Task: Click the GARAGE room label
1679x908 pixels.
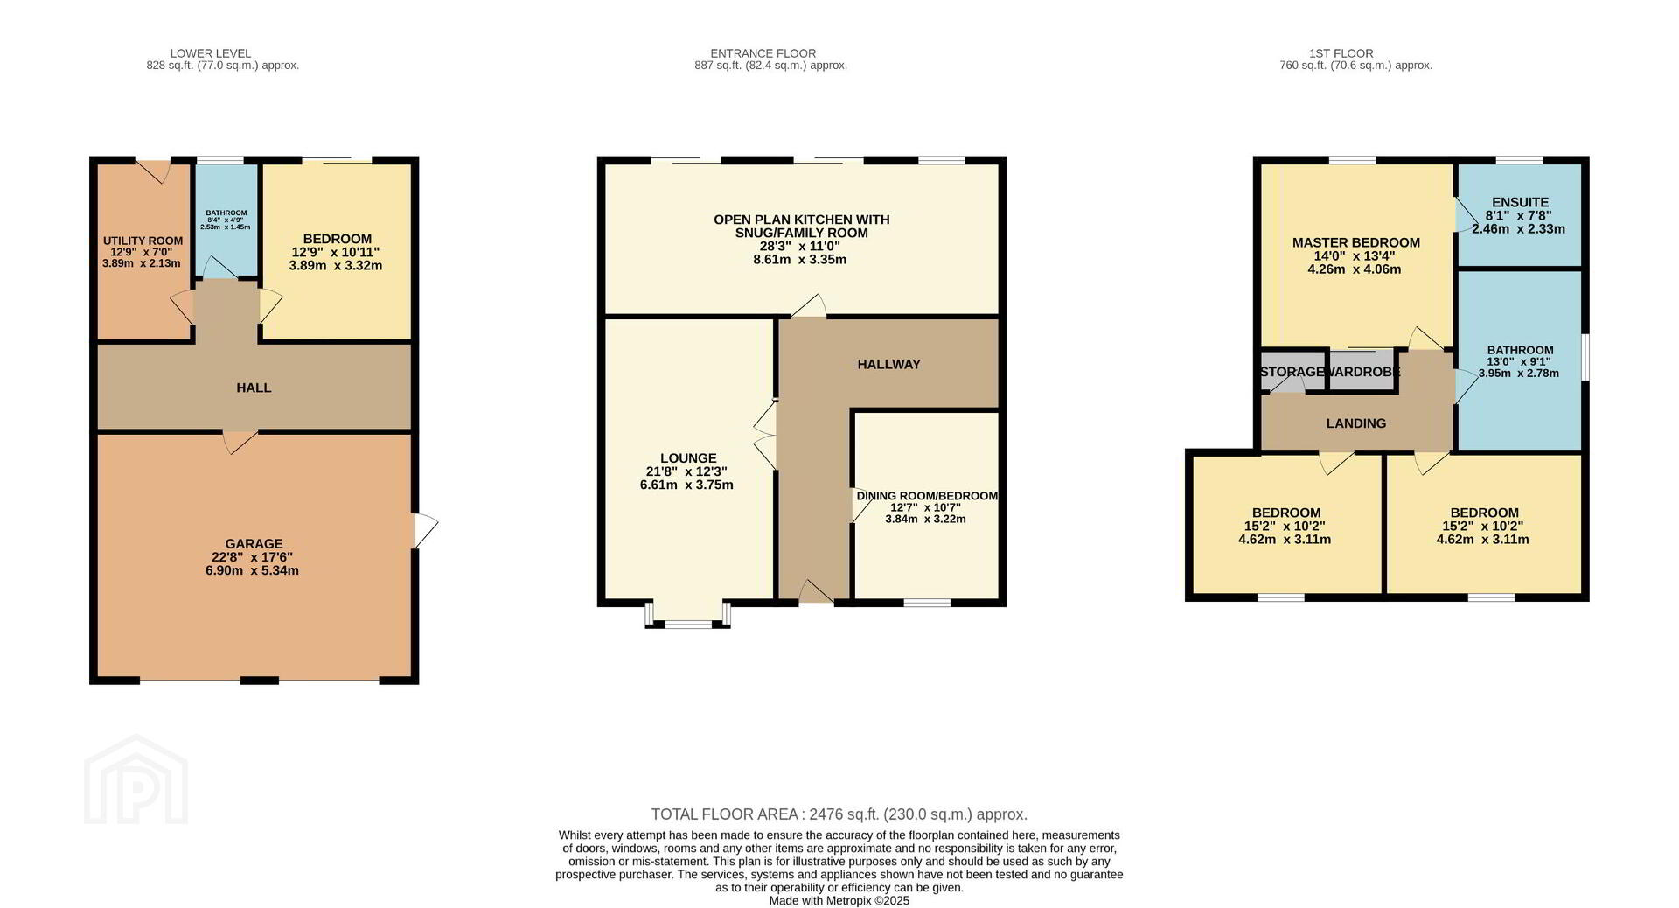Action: [x=254, y=544]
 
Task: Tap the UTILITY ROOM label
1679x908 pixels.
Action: [x=143, y=241]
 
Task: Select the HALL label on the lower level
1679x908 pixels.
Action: [x=254, y=388]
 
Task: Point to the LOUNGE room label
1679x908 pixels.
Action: [x=688, y=458]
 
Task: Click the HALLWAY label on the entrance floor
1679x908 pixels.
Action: [x=888, y=365]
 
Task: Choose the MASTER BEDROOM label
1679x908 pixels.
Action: [x=1356, y=243]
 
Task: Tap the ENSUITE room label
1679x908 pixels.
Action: [x=1520, y=202]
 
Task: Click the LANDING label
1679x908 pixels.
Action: [x=1356, y=423]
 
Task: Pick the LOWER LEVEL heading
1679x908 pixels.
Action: [x=211, y=53]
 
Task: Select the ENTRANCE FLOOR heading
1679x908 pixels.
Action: [x=763, y=53]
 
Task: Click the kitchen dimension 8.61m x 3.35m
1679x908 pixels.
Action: [x=800, y=260]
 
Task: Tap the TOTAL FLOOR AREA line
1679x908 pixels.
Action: [x=839, y=814]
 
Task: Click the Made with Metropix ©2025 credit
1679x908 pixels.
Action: [x=839, y=900]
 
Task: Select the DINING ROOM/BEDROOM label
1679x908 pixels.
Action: [x=927, y=496]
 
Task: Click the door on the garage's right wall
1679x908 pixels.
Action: [x=425, y=530]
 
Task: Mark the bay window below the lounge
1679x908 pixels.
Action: [x=688, y=615]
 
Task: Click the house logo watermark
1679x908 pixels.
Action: [x=136, y=779]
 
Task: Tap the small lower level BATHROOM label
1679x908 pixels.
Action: [x=226, y=213]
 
